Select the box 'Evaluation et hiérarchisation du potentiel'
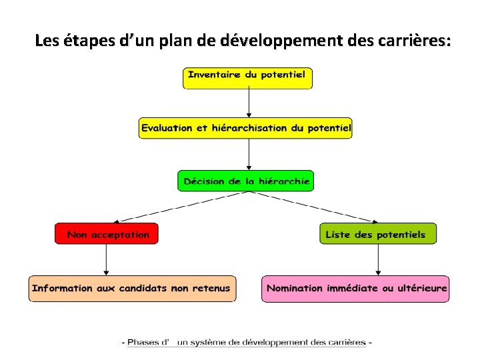tap(245, 128)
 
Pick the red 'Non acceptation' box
tap(107, 234)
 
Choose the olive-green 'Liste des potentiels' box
tap(378, 234)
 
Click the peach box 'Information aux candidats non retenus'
tap(132, 289)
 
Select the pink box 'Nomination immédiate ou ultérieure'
tap(355, 289)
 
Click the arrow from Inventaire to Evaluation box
tap(249, 103)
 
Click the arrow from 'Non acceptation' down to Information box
tap(106, 260)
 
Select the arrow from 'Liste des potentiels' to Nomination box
tap(378, 260)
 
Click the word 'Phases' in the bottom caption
tap(143, 343)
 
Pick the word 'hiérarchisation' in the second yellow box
tap(250, 128)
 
